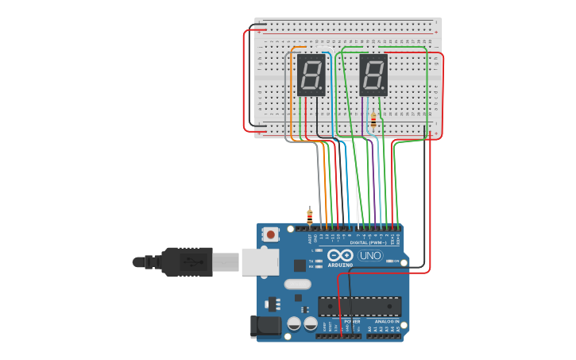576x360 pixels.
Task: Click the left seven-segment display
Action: [311, 75]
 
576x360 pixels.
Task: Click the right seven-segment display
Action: [373, 75]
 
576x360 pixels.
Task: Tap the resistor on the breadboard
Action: [373, 121]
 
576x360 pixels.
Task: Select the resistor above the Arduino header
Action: [310, 215]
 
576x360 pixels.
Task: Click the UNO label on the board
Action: [370, 255]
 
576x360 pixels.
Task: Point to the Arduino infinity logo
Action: [339, 254]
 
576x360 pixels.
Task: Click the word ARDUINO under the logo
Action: [339, 265]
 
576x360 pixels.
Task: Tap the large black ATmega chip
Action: [359, 306]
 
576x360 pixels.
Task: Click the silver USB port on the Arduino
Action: [260, 261]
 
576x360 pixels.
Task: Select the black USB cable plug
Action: [186, 261]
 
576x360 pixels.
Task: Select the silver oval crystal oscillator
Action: [297, 284]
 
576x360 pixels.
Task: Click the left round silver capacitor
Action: [294, 323]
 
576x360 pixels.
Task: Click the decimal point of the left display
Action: [322, 88]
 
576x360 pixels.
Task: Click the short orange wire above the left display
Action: [299, 48]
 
